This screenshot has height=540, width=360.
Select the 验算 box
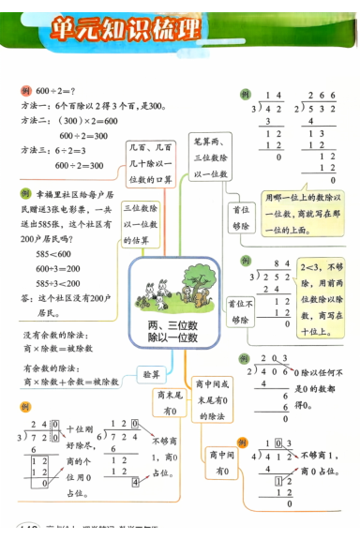pyautogui.click(x=151, y=374)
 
